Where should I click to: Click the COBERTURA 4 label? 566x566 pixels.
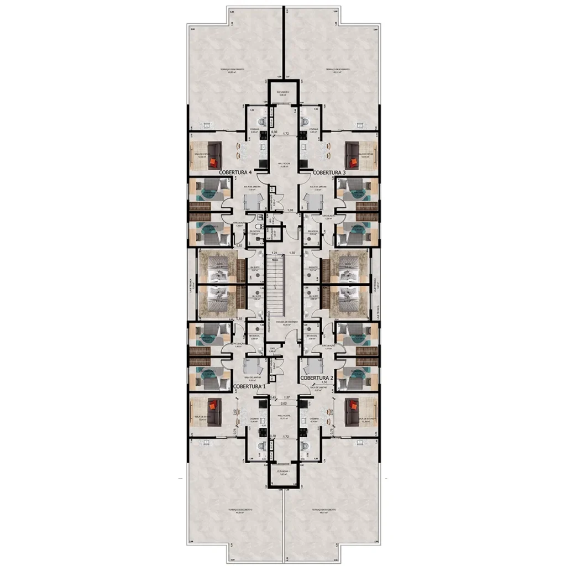[235, 173]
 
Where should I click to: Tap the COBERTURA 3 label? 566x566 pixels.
[329, 173]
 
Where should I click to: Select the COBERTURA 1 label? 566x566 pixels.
[249, 386]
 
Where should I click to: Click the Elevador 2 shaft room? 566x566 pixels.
[284, 92]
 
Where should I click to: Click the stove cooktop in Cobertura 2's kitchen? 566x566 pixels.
[303, 420]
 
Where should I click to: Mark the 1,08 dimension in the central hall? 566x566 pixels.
[291, 211]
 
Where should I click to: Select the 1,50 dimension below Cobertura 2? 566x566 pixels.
[324, 382]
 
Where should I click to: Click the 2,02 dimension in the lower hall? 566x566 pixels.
[285, 404]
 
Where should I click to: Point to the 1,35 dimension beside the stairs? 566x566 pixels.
[292, 253]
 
